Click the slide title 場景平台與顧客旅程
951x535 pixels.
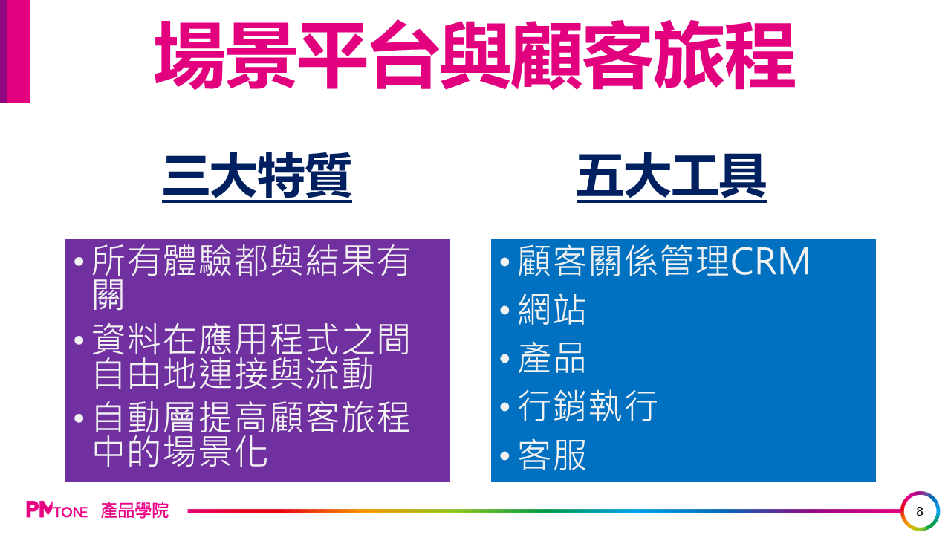click(x=475, y=55)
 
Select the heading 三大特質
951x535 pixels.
click(x=257, y=176)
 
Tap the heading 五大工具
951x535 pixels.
click(x=671, y=176)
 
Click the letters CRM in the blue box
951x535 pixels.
click(x=770, y=262)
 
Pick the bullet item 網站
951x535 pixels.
click(x=551, y=310)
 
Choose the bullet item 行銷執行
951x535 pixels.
click(x=587, y=406)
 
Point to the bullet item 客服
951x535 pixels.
click(x=551, y=455)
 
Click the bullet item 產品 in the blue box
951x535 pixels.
click(x=551, y=358)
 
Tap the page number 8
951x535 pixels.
click(x=920, y=511)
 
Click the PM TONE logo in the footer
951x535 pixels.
click(x=57, y=510)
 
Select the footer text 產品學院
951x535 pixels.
click(x=134, y=510)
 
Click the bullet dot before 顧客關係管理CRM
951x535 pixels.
click(x=504, y=262)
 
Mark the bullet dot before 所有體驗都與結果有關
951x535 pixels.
click(x=79, y=262)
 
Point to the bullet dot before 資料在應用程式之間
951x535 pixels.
click(x=79, y=340)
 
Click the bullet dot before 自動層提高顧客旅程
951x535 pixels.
click(x=79, y=418)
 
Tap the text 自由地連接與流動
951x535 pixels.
click(x=233, y=374)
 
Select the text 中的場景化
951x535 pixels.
click(x=180, y=452)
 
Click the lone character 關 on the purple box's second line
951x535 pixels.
click(x=108, y=295)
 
